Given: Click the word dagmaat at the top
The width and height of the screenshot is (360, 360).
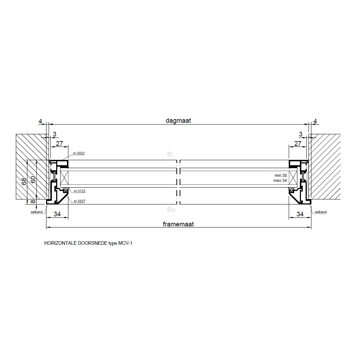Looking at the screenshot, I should (x=178, y=121).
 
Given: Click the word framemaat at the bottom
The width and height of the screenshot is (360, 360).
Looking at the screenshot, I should (x=178, y=224).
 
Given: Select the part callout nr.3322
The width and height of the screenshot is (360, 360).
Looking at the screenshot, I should (x=79, y=153).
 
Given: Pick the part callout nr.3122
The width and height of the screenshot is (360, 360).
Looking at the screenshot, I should (x=79, y=191).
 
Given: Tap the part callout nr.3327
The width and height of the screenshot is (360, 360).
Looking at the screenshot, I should (x=79, y=201).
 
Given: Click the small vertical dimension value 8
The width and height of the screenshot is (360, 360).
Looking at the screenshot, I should (x=33, y=202).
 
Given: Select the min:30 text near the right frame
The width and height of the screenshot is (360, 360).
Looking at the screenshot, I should (x=280, y=175).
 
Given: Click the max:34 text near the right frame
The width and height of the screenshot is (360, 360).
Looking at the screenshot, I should (x=280, y=180).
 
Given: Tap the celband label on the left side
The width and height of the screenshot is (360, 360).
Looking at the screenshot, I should (x=37, y=212).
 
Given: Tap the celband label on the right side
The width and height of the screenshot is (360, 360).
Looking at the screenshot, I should (x=320, y=212).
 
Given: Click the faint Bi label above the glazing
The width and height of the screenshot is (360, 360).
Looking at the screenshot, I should (x=170, y=154).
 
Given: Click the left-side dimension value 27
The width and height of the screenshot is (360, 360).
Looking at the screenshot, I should (x=59, y=144).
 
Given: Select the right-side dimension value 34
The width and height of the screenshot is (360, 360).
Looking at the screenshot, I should (x=300, y=214).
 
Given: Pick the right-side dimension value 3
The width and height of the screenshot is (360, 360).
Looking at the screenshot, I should (x=301, y=134).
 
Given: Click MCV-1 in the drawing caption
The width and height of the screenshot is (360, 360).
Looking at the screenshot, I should (x=126, y=243).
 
